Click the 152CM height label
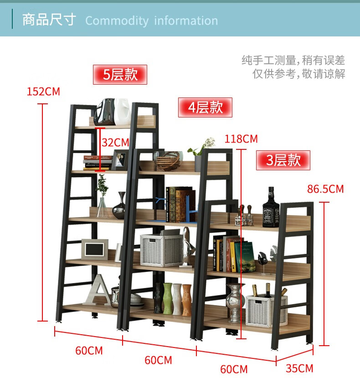(x=43, y=91)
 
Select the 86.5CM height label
(x=325, y=189)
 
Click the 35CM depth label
(x=299, y=368)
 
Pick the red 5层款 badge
(x=120, y=74)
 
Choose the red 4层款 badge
(x=205, y=107)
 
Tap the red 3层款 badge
(x=283, y=160)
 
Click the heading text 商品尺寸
(x=49, y=20)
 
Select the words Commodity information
(x=151, y=21)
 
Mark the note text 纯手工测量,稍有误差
(x=293, y=60)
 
